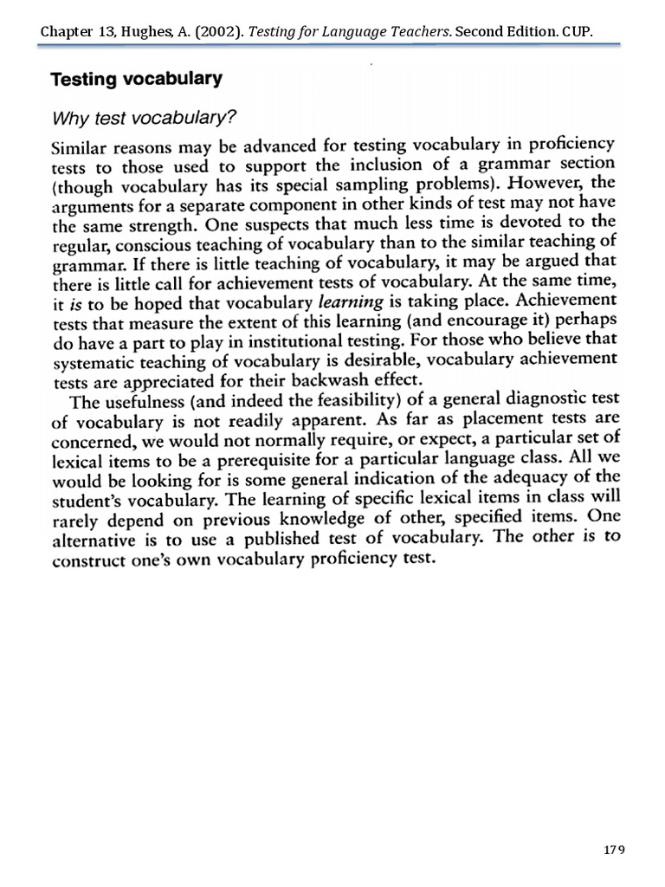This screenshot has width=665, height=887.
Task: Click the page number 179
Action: pyautogui.click(x=613, y=849)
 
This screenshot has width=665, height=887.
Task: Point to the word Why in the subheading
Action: pyautogui.click(x=71, y=116)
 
